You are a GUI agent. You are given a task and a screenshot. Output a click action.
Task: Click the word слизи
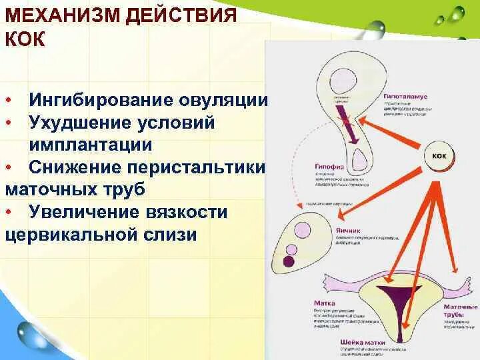(169, 235)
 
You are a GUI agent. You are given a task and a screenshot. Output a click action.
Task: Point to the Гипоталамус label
(405, 97)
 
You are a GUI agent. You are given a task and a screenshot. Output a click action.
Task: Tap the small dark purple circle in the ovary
(290, 251)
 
